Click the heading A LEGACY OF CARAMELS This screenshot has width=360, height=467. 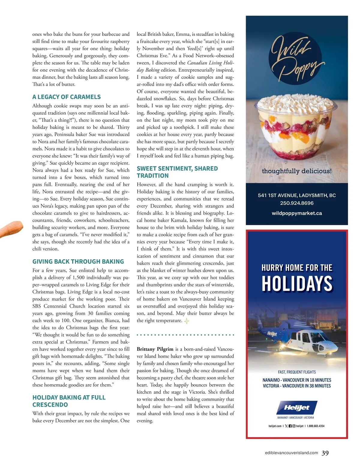tap(66, 97)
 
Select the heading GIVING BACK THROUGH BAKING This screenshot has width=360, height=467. tap(78, 261)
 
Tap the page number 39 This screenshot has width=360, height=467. tap(325, 453)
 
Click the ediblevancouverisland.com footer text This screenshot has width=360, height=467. tap(291, 453)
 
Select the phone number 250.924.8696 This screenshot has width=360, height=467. tap(297, 203)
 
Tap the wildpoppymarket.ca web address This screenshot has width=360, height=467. tap(297, 213)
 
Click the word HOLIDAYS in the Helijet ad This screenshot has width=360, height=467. tap(297, 284)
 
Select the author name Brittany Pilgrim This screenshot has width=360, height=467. tap(155, 349)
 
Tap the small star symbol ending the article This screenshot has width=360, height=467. tap(187, 321)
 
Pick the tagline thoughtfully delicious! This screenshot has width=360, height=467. tap(297, 171)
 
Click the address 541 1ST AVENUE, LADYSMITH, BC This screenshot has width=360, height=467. tap(297, 195)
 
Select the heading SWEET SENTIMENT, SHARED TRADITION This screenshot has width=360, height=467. tap(177, 172)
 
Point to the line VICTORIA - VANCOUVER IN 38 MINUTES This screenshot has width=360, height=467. tap(297, 386)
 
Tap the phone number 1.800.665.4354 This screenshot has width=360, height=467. tap(316, 426)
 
